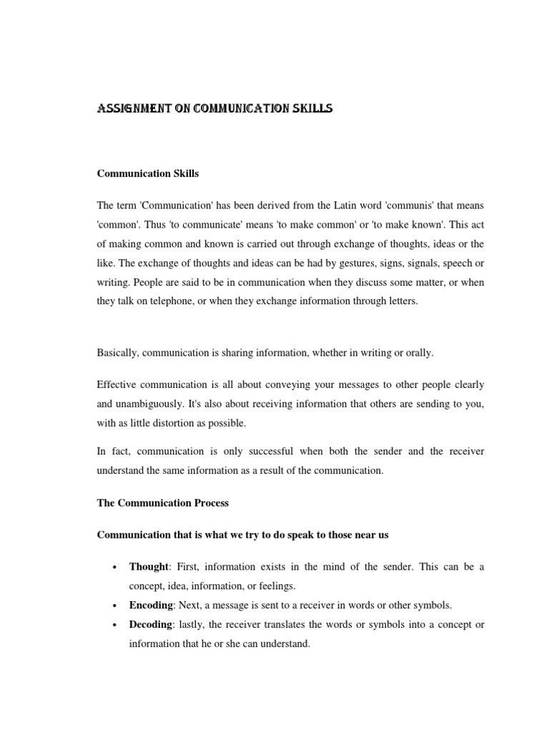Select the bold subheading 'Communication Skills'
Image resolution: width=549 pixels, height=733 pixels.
pos(148,173)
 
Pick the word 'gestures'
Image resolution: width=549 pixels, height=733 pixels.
pos(343,263)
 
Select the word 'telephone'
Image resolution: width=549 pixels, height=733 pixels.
pos(176,301)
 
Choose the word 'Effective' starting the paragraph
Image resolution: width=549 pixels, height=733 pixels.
pos(119,384)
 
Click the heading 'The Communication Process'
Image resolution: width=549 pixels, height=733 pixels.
pos(163,503)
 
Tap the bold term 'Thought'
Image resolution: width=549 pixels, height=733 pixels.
pos(147,566)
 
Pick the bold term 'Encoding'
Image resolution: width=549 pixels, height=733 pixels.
pos(150,605)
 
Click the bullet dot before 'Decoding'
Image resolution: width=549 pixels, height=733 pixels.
pos(114,625)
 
